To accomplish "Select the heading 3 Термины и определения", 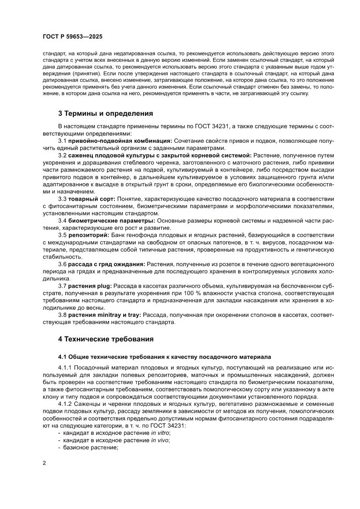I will tap(106, 114).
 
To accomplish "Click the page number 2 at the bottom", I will tap(44, 474).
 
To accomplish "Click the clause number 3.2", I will tap(62, 155).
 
